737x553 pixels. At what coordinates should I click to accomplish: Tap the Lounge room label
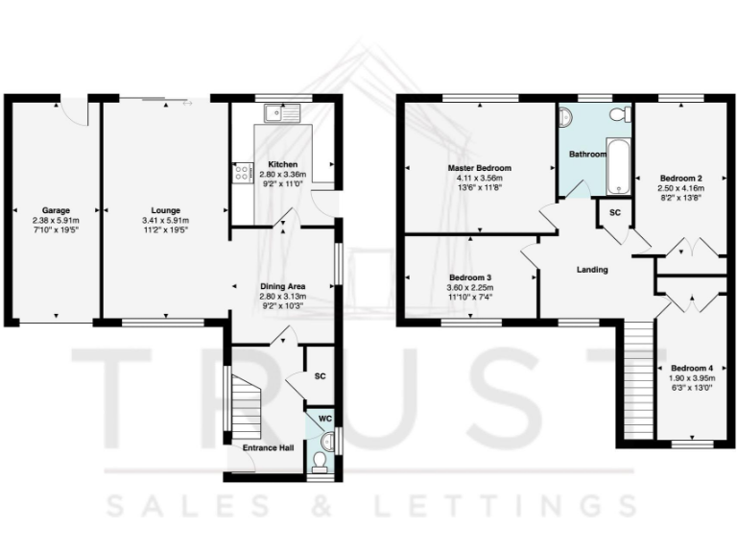(x=165, y=209)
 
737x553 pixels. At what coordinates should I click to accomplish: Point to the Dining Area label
(x=283, y=286)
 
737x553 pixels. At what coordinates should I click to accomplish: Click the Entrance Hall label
(x=267, y=447)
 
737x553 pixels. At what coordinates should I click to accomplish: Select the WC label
(x=324, y=419)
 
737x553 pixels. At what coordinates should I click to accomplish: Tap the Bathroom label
(x=587, y=154)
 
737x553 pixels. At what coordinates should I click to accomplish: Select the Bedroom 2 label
(x=681, y=179)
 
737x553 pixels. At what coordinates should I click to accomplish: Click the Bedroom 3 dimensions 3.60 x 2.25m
(x=470, y=288)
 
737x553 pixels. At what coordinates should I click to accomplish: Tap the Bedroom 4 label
(x=691, y=368)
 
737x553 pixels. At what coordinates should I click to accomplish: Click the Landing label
(x=592, y=270)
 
